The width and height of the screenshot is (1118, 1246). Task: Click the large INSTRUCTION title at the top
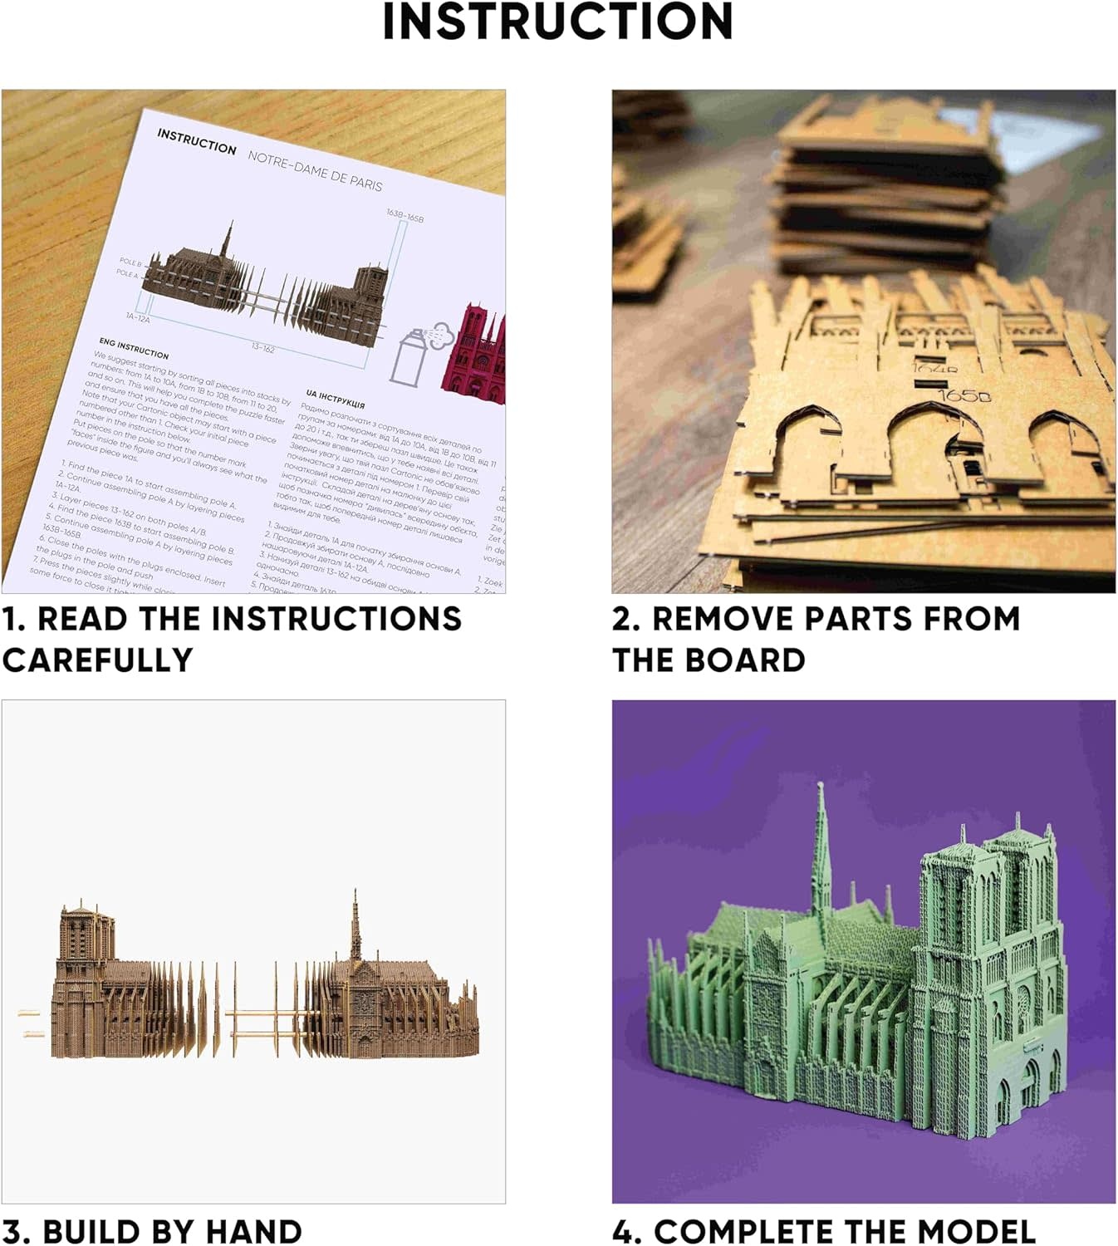(x=558, y=22)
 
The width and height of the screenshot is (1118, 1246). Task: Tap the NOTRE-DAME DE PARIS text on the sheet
(x=315, y=171)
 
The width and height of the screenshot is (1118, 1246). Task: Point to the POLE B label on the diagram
(x=130, y=262)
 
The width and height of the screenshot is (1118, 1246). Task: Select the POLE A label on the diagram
(x=127, y=274)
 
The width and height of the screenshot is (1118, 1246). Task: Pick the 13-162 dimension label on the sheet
(x=262, y=348)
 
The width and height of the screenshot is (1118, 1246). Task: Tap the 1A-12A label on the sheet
(x=138, y=317)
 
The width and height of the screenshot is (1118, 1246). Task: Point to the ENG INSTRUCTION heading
(x=134, y=348)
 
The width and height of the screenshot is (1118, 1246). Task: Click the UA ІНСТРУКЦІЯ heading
(x=336, y=399)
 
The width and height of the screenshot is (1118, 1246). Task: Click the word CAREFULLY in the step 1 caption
(x=97, y=660)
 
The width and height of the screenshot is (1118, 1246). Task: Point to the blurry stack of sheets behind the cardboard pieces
(x=885, y=199)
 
